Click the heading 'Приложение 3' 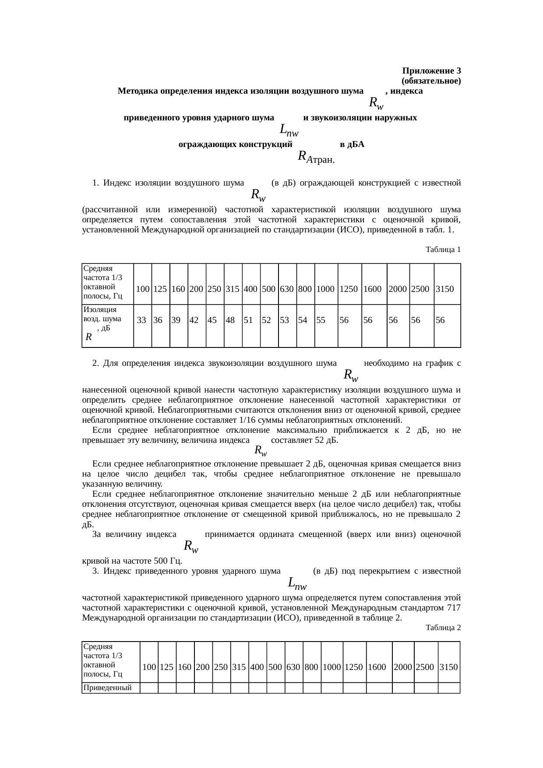pos(431,71)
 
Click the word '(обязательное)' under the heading pos(430,81)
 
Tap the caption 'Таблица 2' pos(443,628)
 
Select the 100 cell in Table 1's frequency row pos(142,289)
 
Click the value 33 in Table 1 pos(141,320)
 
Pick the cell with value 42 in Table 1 pos(194,320)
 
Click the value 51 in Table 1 pos(248,320)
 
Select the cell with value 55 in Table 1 pos(321,320)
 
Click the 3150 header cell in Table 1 pos(444,289)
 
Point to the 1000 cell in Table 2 pos(332,667)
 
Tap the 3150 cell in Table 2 pos(448,667)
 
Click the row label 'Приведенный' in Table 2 pos(108,687)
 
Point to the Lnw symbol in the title pos(289,130)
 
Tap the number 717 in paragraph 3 pos(454,608)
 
